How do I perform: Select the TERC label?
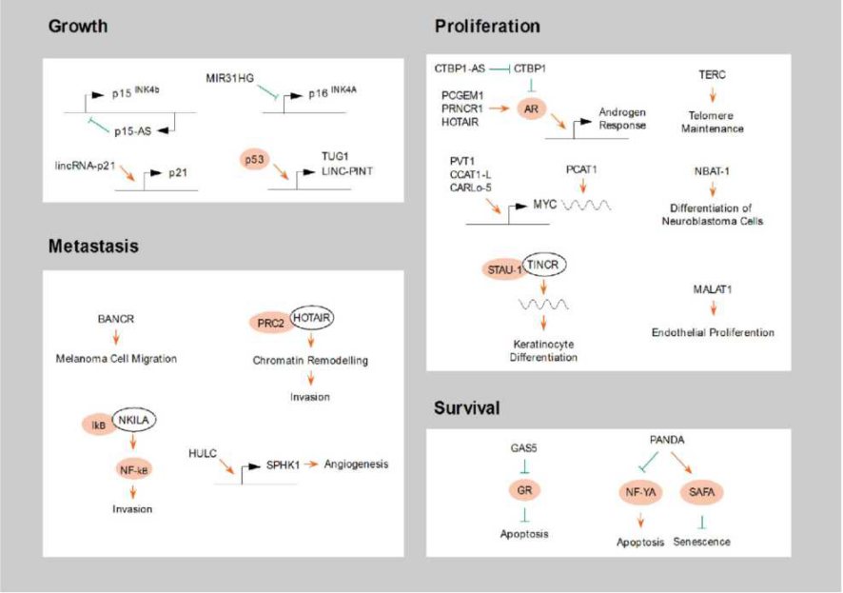(715, 75)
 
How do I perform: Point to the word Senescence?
(702, 542)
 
